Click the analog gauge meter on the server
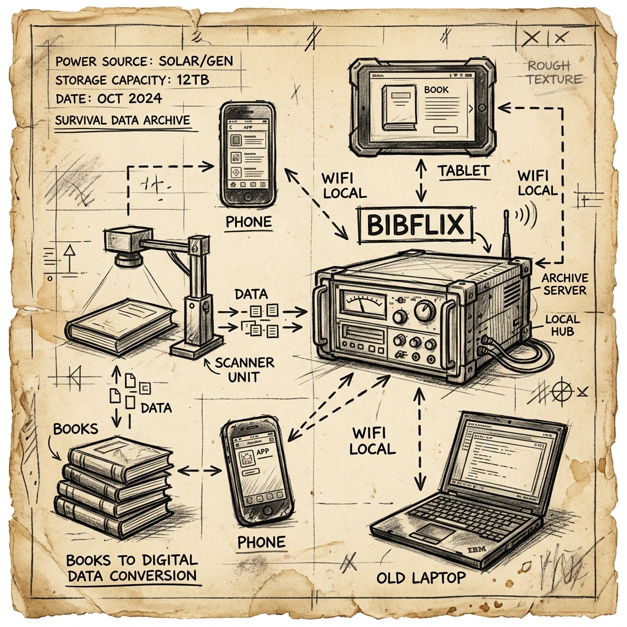(x=363, y=301)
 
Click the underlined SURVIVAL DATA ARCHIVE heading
(x=122, y=120)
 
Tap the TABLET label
(x=464, y=171)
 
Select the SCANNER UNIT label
(x=245, y=369)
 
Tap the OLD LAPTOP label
(x=421, y=577)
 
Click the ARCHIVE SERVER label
(x=565, y=283)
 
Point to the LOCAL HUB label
(x=562, y=326)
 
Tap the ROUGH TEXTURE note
(x=554, y=72)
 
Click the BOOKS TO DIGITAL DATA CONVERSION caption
(x=132, y=568)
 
